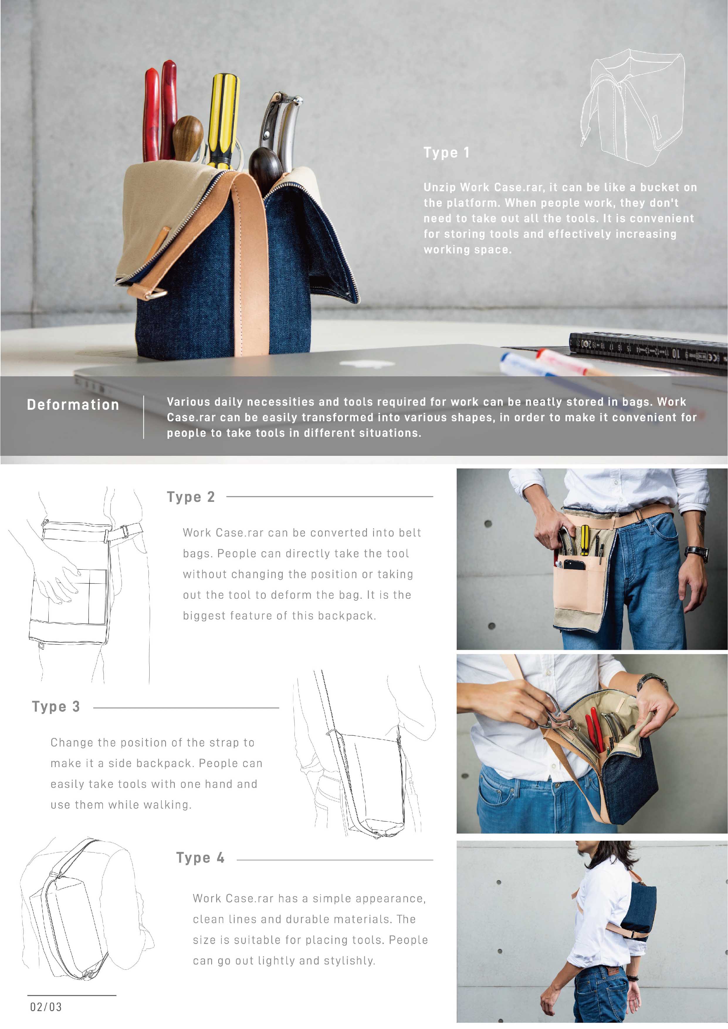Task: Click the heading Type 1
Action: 446,153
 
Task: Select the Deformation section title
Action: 73,405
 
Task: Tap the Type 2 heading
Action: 191,497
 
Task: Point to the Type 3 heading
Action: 56,707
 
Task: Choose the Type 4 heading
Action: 200,858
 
